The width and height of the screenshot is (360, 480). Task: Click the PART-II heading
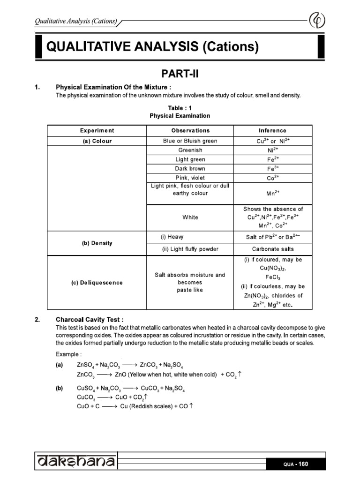point(180,74)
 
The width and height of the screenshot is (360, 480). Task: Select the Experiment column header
point(97,131)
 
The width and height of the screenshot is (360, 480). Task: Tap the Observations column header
point(190,131)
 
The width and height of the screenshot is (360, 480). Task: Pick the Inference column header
point(272,131)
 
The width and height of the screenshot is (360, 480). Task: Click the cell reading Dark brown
point(190,169)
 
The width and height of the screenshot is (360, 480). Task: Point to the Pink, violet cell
point(190,178)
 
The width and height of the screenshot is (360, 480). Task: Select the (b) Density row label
point(97,243)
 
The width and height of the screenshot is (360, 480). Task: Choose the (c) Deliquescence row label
point(97,283)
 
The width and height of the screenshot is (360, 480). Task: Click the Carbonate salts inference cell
point(272,249)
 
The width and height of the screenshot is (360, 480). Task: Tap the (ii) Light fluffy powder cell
point(190,249)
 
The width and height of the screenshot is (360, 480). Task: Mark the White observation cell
point(190,217)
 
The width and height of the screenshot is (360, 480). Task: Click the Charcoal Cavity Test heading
point(90,320)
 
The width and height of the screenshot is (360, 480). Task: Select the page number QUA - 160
point(296,464)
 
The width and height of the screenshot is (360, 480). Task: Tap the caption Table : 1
point(180,108)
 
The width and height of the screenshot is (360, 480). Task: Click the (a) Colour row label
point(97,141)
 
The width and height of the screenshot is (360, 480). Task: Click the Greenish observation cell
point(190,150)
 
